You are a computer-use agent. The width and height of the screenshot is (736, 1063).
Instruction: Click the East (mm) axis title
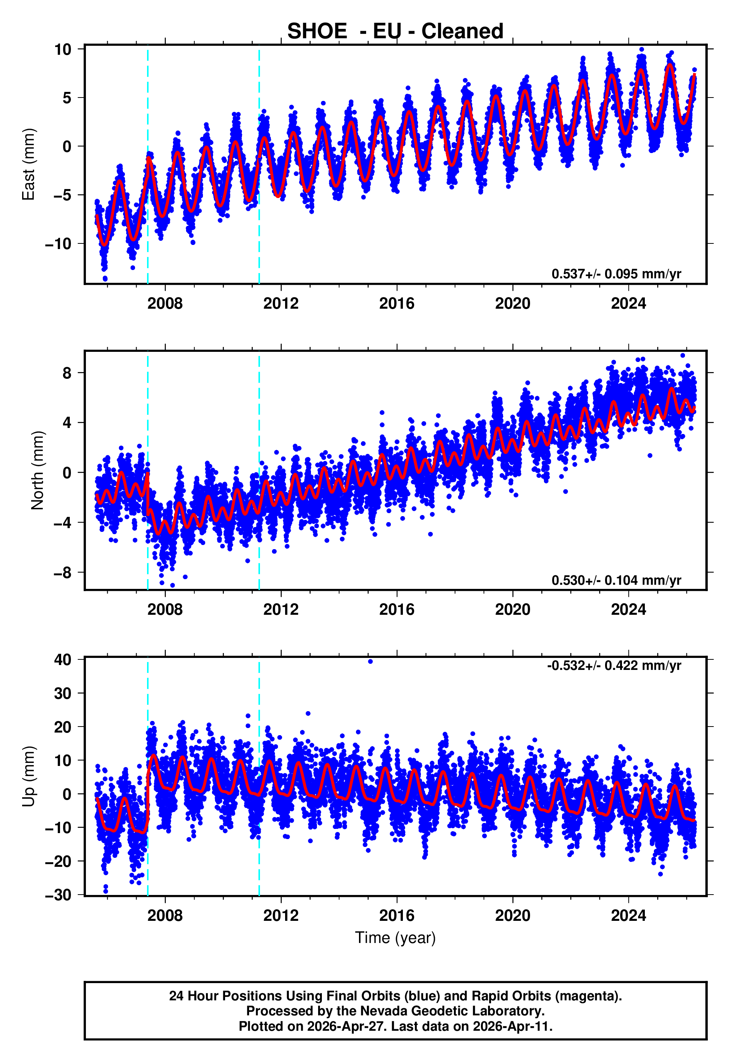point(29,164)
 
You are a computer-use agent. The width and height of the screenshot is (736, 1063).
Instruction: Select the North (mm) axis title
point(38,470)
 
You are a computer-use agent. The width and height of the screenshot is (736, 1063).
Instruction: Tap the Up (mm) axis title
point(29,776)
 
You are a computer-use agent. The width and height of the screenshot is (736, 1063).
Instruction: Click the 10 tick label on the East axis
point(63,49)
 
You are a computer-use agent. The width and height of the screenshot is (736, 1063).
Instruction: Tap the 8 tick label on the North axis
point(67,372)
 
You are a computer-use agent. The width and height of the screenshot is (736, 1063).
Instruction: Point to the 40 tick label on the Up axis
point(63,660)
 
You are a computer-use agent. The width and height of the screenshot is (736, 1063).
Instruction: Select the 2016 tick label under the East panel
point(397,303)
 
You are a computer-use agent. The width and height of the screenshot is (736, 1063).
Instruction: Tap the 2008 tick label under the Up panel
point(165,916)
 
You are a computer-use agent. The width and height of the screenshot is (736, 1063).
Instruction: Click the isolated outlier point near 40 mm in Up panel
point(370,662)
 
